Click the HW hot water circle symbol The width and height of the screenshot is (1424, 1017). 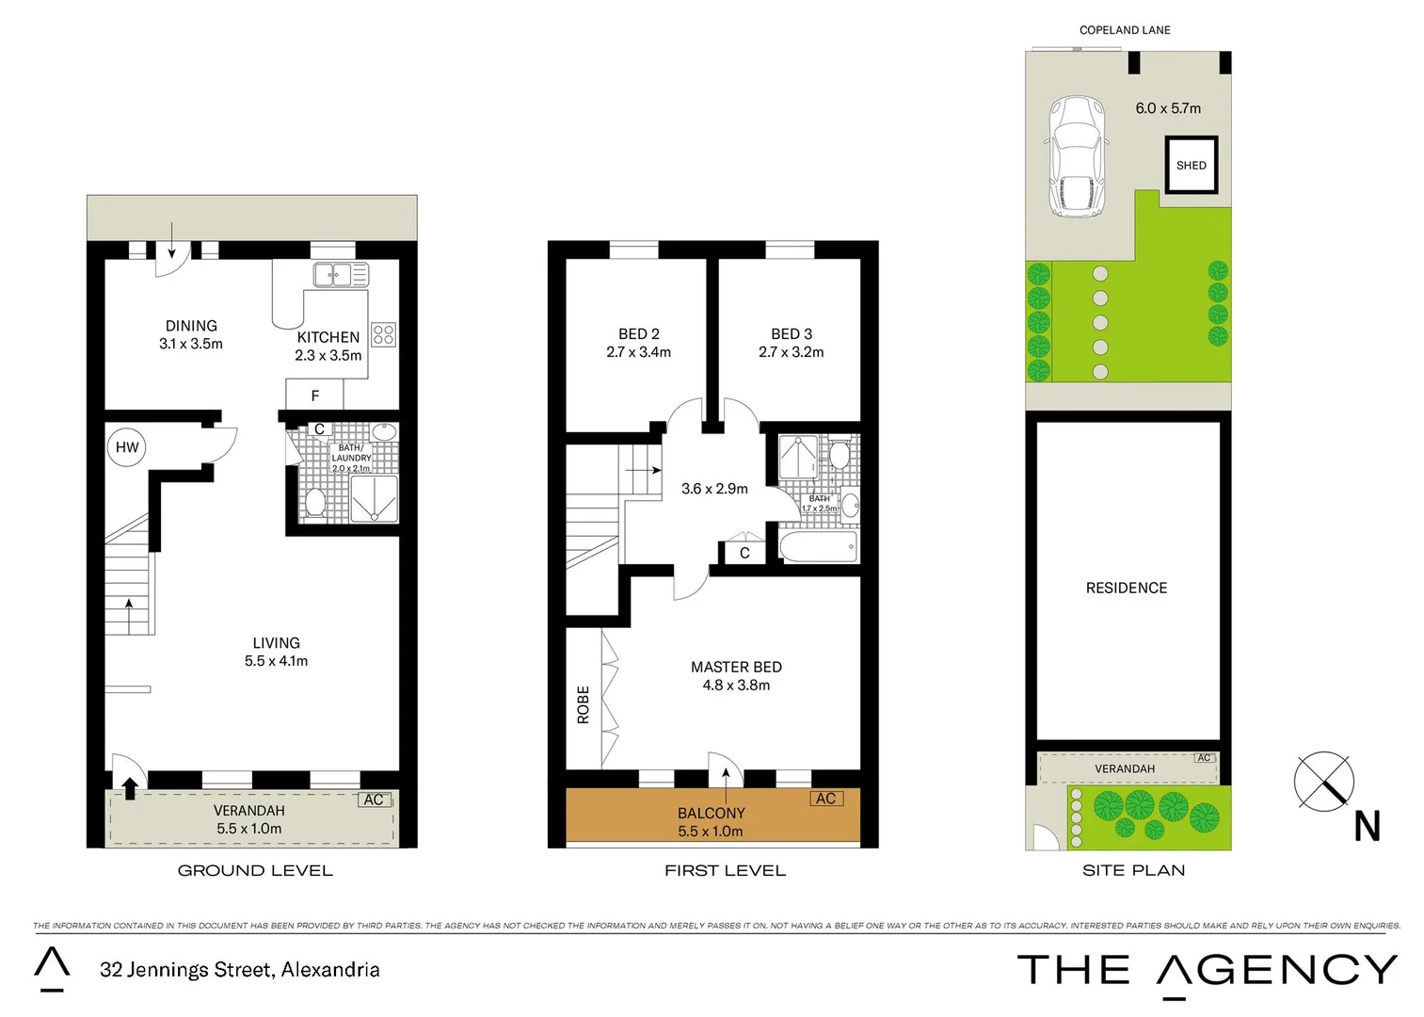click(127, 447)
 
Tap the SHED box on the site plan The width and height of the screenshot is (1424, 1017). click(1191, 165)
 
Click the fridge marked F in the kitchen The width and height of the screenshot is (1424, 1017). click(314, 395)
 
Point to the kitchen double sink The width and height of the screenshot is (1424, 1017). click(340, 275)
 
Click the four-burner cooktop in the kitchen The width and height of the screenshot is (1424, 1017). click(383, 334)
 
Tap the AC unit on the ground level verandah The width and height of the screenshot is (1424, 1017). click(374, 799)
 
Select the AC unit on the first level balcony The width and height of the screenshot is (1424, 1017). click(825, 799)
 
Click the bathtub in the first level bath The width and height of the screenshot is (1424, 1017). click(819, 546)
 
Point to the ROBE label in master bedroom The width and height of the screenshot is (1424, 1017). click(583, 703)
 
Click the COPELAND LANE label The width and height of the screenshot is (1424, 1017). click(1125, 30)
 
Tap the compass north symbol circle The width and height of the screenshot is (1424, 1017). click(1323, 781)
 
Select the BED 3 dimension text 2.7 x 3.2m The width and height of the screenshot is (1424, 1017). click(791, 352)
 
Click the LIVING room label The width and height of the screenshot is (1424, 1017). click(276, 643)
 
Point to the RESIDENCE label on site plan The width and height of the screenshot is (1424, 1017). click(1126, 588)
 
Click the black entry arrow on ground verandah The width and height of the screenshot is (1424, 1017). click(130, 787)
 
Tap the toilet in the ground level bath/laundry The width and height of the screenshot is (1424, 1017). click(314, 503)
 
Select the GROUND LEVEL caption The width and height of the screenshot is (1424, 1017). click(255, 871)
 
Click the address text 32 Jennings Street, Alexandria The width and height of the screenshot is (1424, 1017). click(240, 969)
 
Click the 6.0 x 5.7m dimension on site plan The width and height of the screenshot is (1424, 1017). click(1168, 108)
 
